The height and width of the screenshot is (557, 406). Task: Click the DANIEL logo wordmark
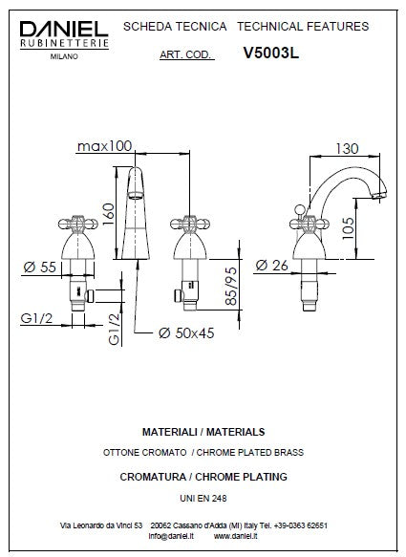(64, 29)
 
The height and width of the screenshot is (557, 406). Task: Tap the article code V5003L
(271, 54)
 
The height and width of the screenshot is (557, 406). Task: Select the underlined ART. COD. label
(187, 55)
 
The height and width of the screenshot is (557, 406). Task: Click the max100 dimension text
(104, 146)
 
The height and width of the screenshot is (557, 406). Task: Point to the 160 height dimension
(109, 213)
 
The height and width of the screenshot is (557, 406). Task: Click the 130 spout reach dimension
(347, 148)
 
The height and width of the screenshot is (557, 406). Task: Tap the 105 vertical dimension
(349, 228)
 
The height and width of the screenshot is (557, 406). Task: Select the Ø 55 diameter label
(40, 267)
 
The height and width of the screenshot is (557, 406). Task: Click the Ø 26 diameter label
(271, 265)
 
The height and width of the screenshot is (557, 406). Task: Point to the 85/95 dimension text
(231, 286)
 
